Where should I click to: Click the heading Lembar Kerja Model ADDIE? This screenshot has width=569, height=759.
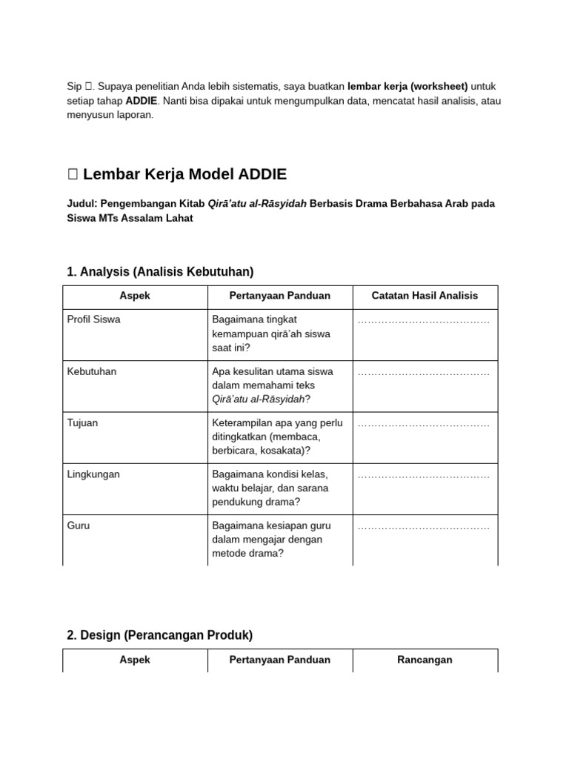184,174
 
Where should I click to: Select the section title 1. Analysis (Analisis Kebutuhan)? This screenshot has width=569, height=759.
160,271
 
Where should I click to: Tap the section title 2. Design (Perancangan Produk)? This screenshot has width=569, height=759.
159,634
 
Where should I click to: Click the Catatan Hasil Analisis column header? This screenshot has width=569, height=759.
425,296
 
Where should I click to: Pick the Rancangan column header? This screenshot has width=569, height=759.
425,660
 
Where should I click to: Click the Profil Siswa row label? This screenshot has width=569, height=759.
93,319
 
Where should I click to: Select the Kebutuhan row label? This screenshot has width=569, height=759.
92,371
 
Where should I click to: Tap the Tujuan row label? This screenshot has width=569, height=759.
82,422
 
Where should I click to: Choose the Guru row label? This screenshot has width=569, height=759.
78,526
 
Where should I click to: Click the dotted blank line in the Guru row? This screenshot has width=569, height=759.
423,527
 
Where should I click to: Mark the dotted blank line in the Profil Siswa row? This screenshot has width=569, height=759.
423,321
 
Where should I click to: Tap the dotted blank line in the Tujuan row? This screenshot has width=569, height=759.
423,424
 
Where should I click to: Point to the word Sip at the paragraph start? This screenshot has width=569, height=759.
75,86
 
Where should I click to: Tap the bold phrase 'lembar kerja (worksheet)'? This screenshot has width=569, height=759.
407,86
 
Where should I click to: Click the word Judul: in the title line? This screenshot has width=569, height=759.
82,203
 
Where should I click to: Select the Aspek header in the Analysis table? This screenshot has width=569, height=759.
135,296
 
